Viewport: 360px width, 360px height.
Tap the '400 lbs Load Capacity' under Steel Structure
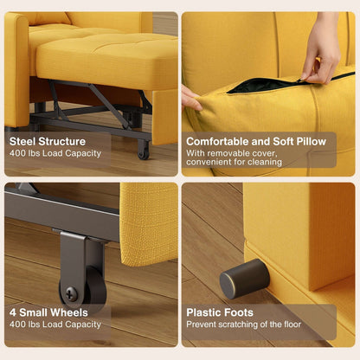click(x=55, y=154)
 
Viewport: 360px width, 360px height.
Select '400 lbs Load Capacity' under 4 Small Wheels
click(x=55, y=325)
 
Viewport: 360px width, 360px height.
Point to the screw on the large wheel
click(x=72, y=292)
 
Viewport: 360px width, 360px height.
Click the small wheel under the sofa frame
click(x=143, y=149)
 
